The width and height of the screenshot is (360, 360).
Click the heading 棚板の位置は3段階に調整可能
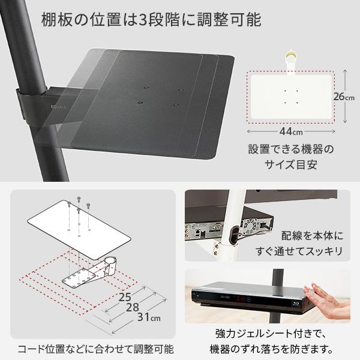151,20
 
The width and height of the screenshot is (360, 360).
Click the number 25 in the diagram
124,297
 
